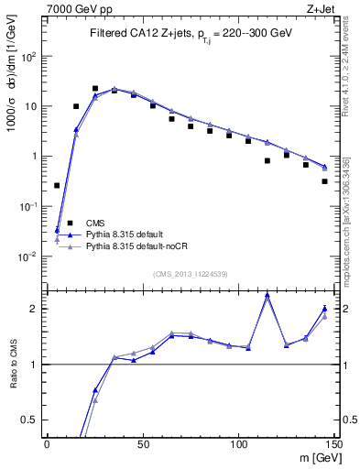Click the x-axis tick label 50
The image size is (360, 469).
pyautogui.click(x=143, y=443)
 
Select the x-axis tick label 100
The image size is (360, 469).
pyautogui.click(x=238, y=443)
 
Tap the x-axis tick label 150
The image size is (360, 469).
pyautogui.click(x=333, y=443)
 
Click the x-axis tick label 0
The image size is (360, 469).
pyautogui.click(x=47, y=443)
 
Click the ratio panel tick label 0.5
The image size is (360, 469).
pyautogui.click(x=31, y=420)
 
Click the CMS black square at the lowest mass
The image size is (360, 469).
pyautogui.click(x=57, y=185)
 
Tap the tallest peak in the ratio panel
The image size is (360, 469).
pyautogui.click(x=267, y=295)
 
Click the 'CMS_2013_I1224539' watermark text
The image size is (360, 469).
pyautogui.click(x=191, y=274)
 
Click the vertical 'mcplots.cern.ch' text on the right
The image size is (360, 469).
pyautogui.click(x=351, y=229)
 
